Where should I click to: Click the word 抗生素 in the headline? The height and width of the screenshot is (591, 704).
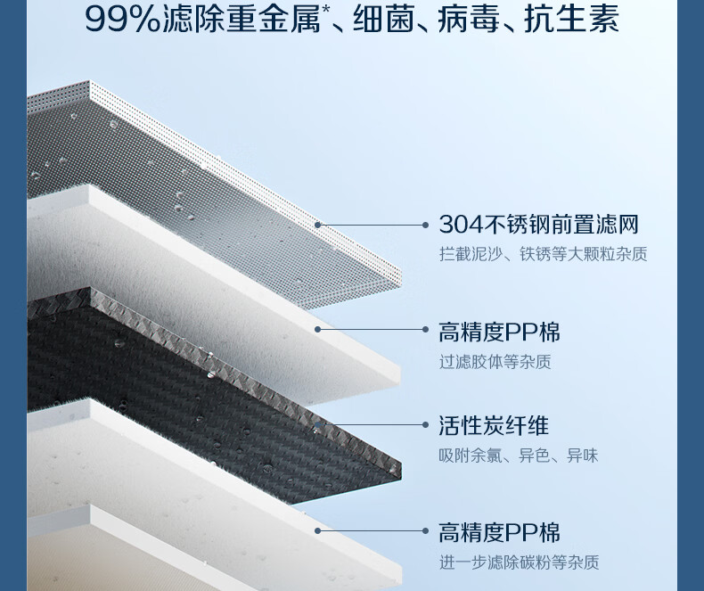(576, 20)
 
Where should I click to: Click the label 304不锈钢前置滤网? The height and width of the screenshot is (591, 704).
(538, 225)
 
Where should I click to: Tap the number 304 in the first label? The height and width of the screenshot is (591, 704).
(460, 225)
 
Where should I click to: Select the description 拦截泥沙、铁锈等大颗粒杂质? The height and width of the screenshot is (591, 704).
(543, 255)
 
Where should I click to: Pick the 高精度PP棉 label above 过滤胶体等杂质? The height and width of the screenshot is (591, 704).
(499, 333)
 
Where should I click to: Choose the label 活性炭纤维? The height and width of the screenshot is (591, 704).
(493, 426)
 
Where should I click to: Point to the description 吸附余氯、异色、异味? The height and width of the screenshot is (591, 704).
(518, 456)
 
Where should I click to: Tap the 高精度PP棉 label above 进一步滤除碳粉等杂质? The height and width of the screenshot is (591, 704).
(499, 533)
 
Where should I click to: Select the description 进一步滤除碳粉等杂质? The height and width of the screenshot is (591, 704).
(518, 562)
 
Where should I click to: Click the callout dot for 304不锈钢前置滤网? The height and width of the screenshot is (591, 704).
(318, 226)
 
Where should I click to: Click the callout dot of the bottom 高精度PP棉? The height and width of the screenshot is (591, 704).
(318, 531)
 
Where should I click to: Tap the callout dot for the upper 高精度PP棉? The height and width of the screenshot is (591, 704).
(318, 330)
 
